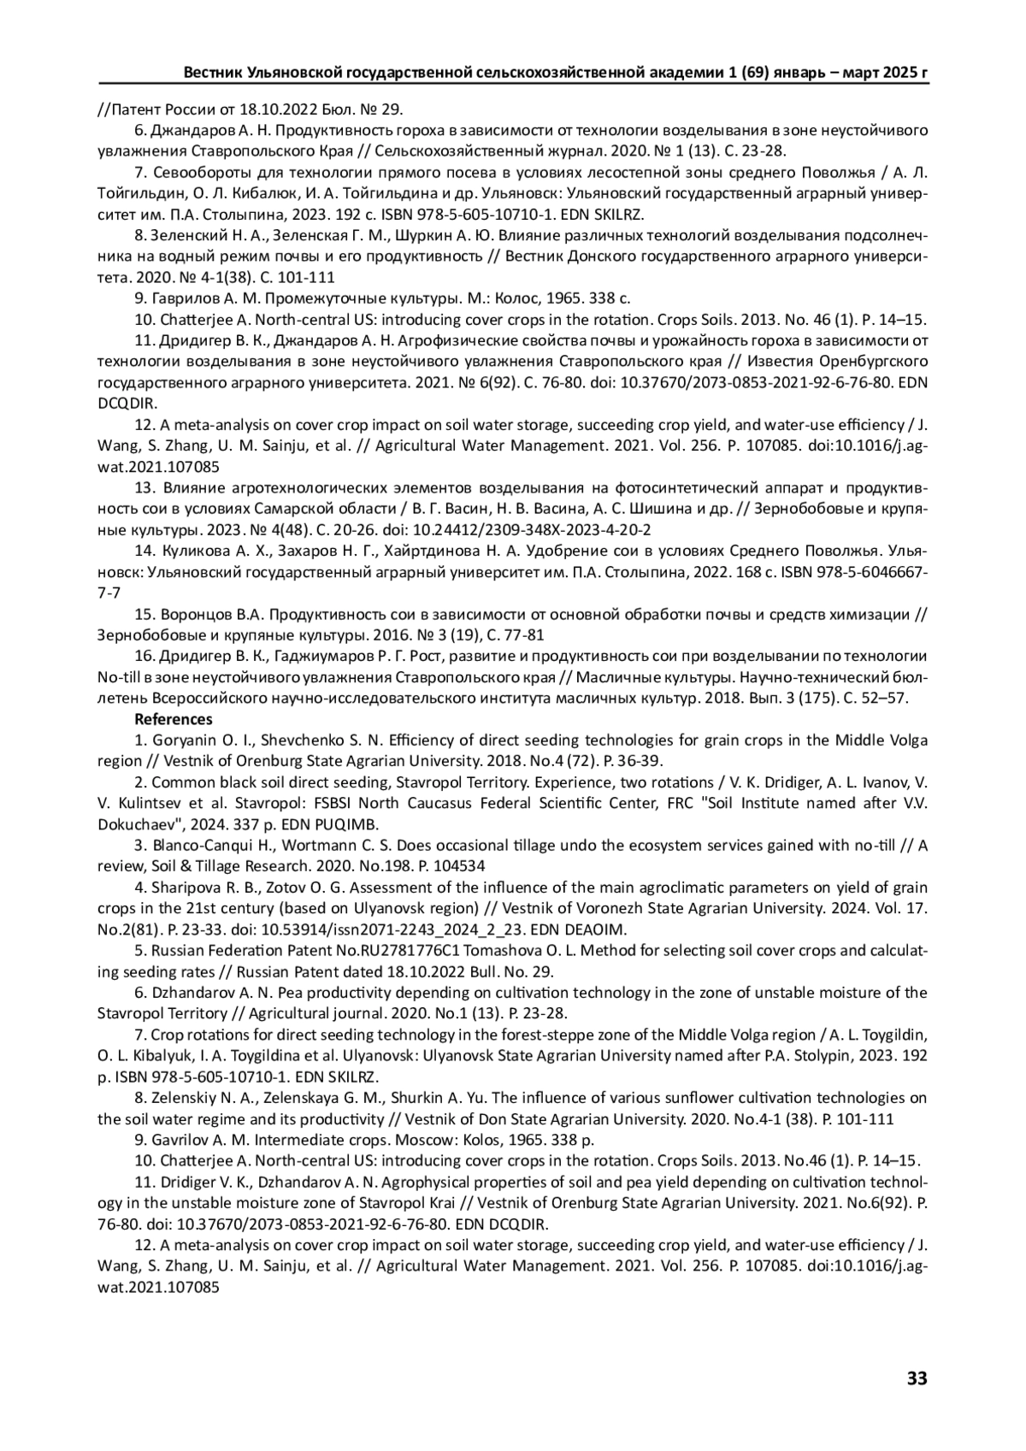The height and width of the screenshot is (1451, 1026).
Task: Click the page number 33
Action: [x=917, y=1377]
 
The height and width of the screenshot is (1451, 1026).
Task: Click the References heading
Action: [x=174, y=719]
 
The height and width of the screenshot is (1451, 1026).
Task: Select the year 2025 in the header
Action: [x=894, y=74]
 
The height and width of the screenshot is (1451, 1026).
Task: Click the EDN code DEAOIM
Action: [x=597, y=929]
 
